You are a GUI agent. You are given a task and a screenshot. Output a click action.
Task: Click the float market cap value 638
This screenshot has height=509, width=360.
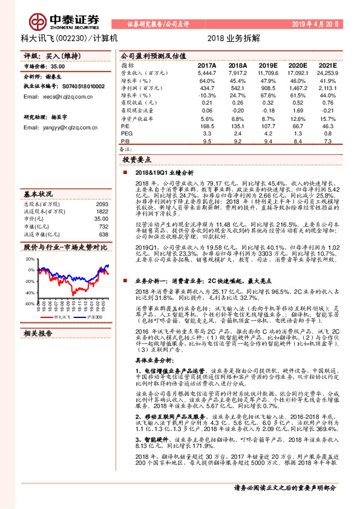point(103,234)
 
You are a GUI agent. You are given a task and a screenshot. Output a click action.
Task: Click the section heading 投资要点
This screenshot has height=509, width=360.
point(138,160)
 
